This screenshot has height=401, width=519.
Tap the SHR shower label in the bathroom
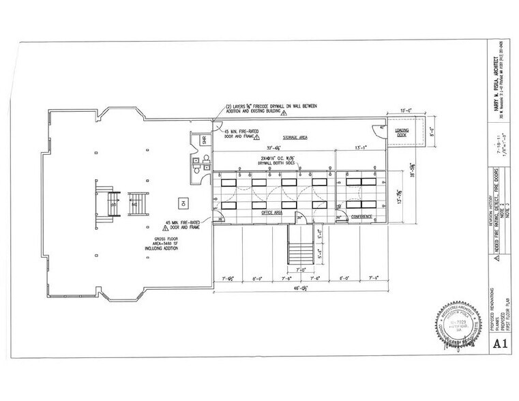[194, 140]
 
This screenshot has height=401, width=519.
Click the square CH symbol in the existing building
[182, 202]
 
